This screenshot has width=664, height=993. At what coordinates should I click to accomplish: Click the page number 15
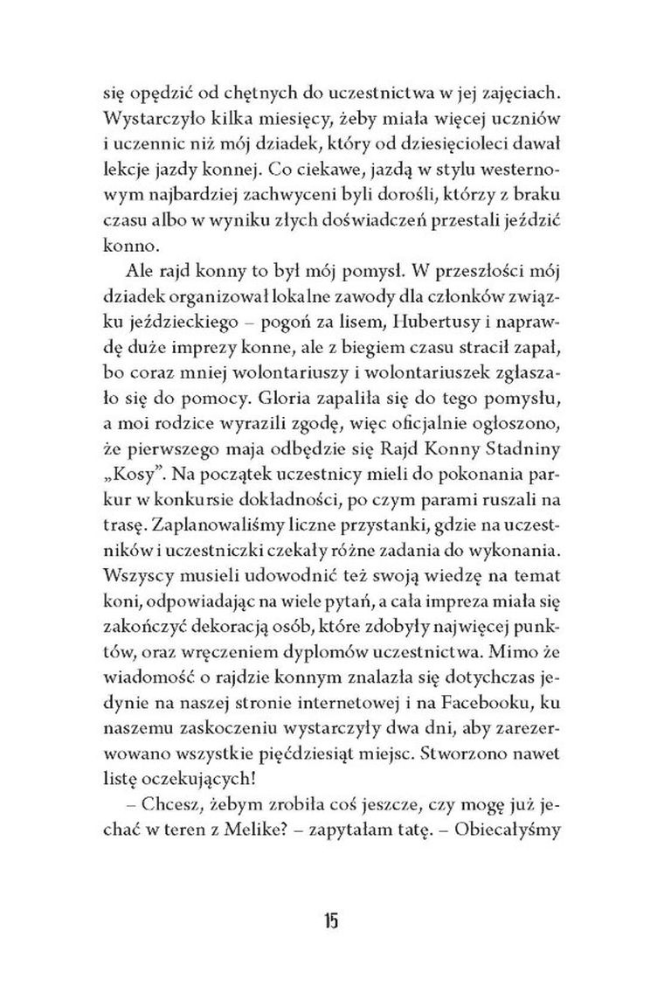click(330, 921)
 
